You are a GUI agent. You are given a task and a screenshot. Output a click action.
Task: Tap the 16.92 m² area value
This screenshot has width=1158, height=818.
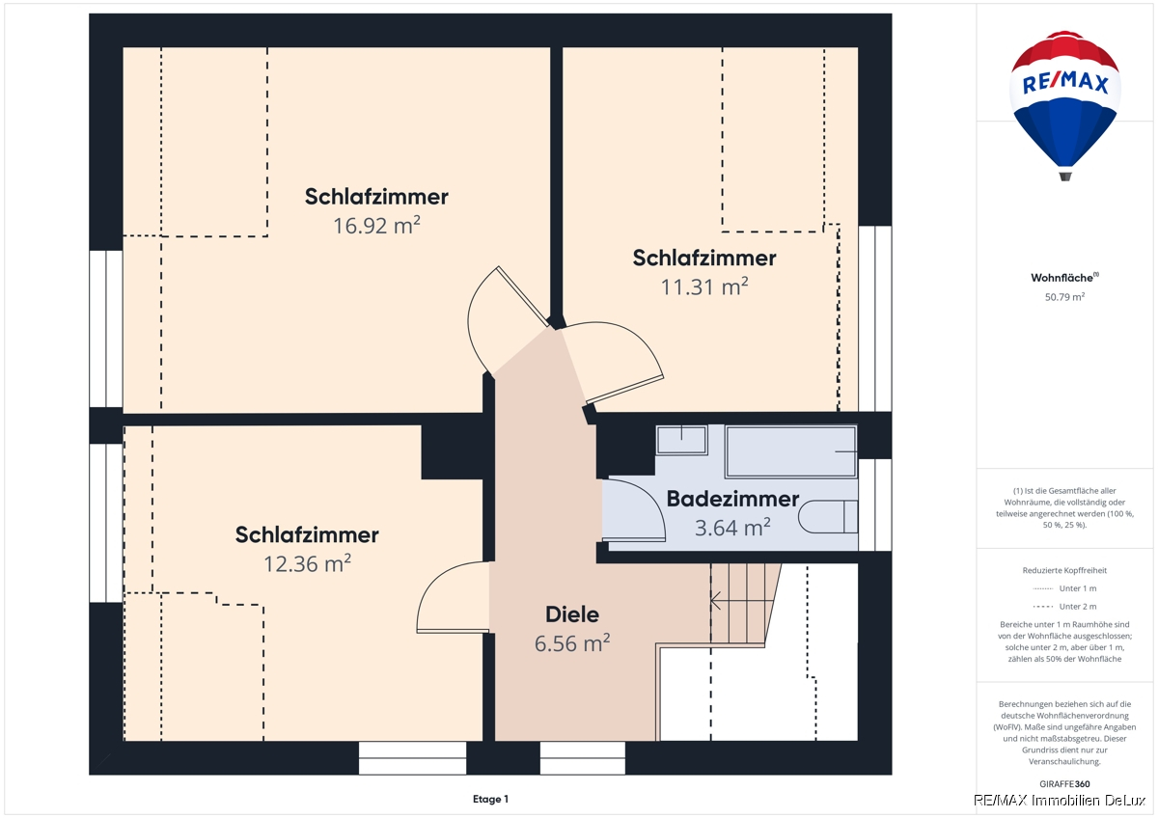point(376,226)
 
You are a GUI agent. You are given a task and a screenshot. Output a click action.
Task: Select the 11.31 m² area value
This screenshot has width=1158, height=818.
point(704,286)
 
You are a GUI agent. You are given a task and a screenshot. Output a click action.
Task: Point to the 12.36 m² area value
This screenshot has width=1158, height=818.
point(307,563)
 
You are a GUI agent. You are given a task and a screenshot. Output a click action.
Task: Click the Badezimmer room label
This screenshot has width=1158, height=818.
point(732,499)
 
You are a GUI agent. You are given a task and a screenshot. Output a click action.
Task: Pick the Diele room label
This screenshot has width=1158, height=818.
point(572,614)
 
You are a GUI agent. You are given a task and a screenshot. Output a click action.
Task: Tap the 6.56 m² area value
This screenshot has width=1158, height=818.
point(572,643)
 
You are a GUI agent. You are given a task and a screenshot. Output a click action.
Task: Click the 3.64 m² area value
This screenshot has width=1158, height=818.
point(732,528)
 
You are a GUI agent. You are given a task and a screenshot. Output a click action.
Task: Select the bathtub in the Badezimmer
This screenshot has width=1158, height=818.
point(791,451)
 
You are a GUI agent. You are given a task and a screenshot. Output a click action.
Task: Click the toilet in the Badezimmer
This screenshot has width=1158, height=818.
point(828,516)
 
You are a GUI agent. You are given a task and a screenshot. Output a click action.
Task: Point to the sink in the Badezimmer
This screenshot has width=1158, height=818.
point(681,440)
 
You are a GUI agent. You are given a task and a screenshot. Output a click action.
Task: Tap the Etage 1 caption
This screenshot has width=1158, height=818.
point(490,799)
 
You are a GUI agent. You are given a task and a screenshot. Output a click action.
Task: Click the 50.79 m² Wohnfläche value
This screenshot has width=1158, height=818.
point(1064,296)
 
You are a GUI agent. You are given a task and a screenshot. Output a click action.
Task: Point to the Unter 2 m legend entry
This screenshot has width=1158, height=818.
point(1064,606)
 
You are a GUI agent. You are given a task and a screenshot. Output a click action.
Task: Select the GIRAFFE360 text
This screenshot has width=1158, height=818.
point(1064,784)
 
